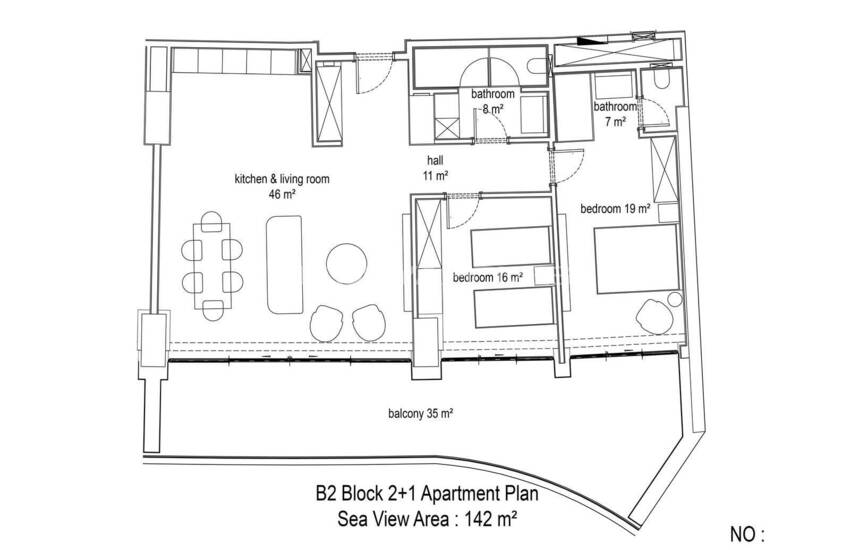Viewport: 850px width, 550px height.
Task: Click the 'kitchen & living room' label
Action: (281, 179)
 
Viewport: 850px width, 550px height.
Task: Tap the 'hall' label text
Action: (435, 160)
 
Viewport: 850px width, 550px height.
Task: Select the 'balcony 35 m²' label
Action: (421, 414)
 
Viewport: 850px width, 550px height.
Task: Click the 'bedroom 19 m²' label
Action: (615, 209)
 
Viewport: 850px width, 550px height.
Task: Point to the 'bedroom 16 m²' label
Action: (488, 278)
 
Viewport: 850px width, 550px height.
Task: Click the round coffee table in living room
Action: (347, 263)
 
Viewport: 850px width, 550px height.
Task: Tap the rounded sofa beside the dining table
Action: (284, 264)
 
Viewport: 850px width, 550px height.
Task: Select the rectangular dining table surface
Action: (212, 266)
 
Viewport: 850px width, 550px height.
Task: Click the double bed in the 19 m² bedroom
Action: (636, 259)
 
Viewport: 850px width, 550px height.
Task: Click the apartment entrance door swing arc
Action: (375, 75)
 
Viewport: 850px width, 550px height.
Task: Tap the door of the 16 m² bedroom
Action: (464, 211)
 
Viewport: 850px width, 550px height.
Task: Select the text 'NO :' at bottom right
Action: (747, 535)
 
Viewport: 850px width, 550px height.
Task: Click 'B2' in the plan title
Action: (327, 494)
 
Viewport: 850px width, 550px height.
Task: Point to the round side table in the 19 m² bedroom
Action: (674, 300)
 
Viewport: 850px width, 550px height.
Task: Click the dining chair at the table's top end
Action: (211, 221)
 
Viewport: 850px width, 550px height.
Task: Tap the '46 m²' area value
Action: (281, 194)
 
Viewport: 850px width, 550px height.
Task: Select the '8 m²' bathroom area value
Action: (492, 109)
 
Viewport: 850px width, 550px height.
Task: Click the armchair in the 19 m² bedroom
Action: (655, 315)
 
